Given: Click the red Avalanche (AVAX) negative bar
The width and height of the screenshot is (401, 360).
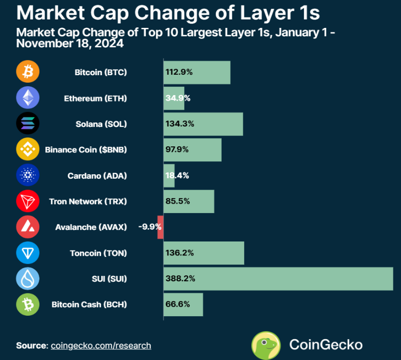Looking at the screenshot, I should [160, 227].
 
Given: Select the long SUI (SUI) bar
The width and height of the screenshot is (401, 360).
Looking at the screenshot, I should [278, 279].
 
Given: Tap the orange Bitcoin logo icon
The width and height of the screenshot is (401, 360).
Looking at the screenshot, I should [28, 72].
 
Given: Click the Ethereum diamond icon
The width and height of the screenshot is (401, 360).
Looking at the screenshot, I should [28, 98].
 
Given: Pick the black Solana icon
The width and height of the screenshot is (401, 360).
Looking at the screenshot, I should [28, 123].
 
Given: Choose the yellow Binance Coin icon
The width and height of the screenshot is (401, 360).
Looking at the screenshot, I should [28, 149].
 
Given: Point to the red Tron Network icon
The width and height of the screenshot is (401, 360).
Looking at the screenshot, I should [28, 201].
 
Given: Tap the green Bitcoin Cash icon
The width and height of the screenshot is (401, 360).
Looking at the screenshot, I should [28, 304].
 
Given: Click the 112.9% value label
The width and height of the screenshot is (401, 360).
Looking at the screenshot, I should [178, 72].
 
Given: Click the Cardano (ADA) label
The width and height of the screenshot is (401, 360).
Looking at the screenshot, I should [97, 176].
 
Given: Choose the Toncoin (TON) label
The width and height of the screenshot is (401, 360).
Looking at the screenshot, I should [98, 253].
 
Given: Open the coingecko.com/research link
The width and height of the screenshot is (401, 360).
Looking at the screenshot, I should [101, 346].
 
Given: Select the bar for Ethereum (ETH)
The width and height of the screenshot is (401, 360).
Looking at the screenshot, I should [174, 98].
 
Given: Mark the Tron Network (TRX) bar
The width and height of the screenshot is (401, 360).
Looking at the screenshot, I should [189, 201].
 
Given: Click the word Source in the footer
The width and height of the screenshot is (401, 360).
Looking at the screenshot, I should [31, 346].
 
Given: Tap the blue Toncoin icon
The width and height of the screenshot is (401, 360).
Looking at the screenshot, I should [28, 253].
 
